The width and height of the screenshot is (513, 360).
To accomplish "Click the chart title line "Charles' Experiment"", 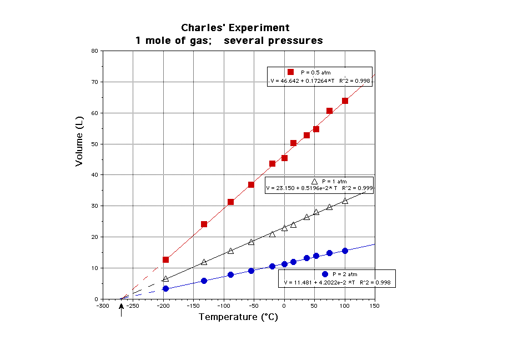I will click(x=235, y=28).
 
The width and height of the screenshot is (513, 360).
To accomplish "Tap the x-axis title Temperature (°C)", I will click(x=238, y=317).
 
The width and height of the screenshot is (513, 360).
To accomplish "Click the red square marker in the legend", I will click(x=290, y=72).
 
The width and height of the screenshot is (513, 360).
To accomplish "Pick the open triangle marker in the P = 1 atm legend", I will click(x=314, y=181).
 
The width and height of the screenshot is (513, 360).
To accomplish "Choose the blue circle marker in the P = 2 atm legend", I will click(x=325, y=274).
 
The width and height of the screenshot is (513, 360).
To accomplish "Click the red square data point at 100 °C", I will click(x=345, y=101).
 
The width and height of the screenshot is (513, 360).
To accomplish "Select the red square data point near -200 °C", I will click(x=165, y=259).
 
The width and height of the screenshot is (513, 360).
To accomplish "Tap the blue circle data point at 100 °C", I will click(x=345, y=251).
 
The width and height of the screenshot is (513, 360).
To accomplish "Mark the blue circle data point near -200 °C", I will click(x=165, y=288).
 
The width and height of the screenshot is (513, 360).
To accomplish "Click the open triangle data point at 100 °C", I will click(x=345, y=201).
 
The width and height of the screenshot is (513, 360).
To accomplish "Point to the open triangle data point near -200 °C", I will click(x=165, y=278).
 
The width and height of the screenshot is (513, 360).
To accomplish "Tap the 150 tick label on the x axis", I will click(x=375, y=305).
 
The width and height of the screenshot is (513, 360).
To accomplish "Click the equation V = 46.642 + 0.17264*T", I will click(x=305, y=81).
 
